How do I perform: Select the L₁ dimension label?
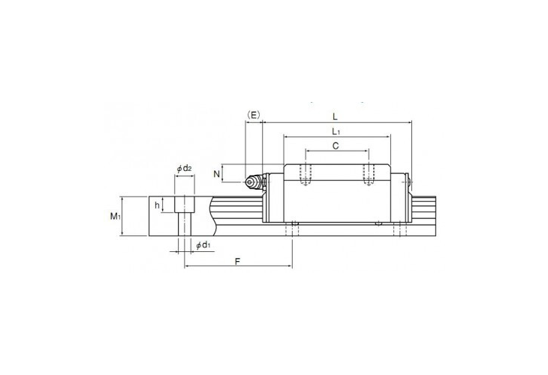pos(336,130)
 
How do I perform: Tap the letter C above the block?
pos(336,146)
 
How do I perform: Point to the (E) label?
pos(253,115)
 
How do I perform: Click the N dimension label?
pos(217,174)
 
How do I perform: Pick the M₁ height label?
pos(115,217)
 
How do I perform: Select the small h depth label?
pos(157,204)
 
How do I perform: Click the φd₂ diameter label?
pos(184,168)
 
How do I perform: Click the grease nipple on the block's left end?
pos(254,181)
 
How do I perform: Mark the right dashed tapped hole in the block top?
pos(367,174)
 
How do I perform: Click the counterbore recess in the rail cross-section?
pos(185,203)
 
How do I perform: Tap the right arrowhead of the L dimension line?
pos(410,121)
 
